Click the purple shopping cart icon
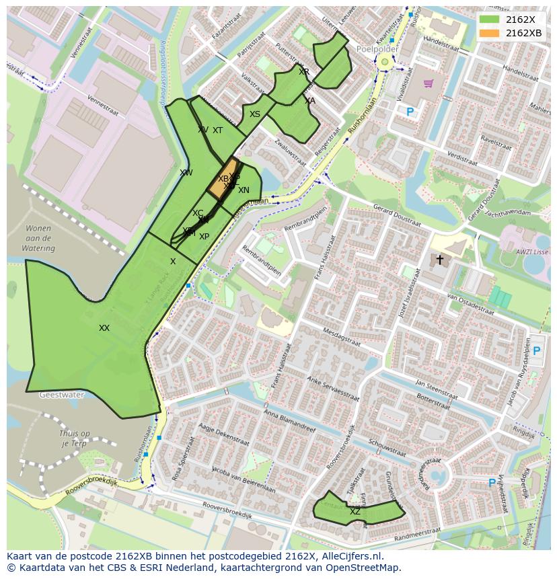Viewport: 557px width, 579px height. (x=428, y=83)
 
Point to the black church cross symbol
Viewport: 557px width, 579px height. (x=440, y=259)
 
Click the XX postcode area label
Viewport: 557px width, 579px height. (x=104, y=328)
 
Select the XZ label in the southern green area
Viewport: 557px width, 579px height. (x=355, y=512)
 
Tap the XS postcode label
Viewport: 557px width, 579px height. (x=254, y=114)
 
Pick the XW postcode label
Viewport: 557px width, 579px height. (x=186, y=173)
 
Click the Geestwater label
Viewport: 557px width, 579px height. (x=61, y=395)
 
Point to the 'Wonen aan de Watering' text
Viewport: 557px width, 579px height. (x=38, y=238)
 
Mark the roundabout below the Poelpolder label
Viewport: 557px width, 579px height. (x=385, y=63)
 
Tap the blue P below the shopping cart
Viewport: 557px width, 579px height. (x=410, y=112)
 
